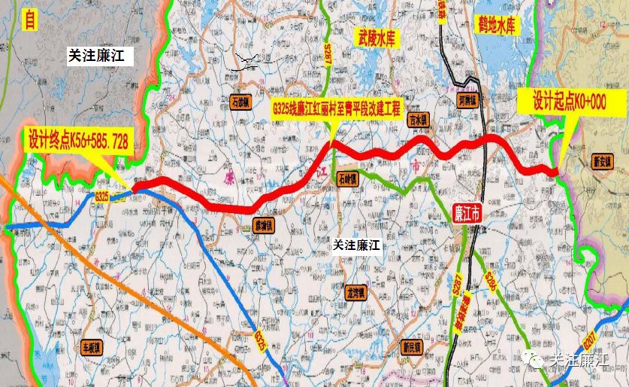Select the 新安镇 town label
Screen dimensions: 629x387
(603, 160)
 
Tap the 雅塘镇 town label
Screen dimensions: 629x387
(262, 224)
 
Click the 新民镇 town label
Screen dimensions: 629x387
(411, 347)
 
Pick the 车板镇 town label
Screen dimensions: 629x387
(91, 348)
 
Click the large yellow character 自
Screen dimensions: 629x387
(29, 20)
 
